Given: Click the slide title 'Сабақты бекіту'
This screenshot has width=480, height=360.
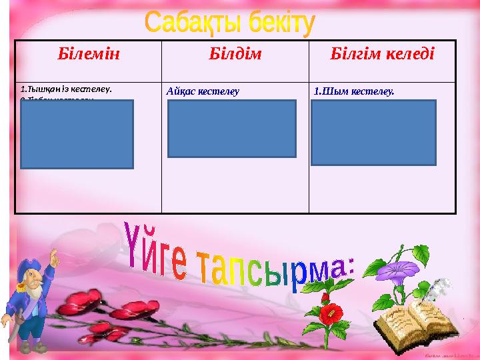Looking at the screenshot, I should click(229, 23).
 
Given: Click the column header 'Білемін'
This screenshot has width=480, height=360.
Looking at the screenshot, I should click(89, 54).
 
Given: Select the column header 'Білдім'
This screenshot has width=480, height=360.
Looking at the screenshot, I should click(235, 54).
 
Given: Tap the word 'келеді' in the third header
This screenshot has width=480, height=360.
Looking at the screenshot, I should click(407, 54).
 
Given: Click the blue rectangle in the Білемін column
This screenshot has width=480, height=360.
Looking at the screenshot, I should click(77, 134).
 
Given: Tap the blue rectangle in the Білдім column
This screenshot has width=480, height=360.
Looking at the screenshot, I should click(231, 129).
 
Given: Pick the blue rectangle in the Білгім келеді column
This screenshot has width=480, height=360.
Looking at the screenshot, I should click(373, 132).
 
